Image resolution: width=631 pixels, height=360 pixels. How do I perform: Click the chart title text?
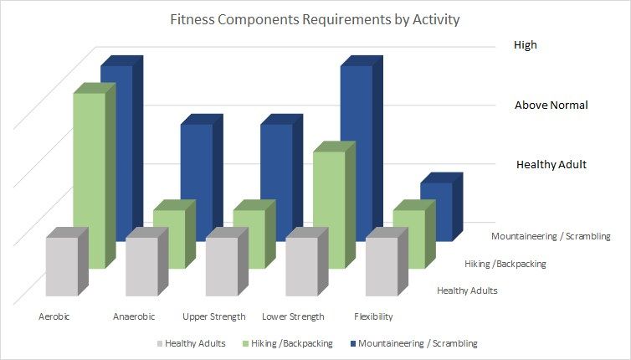(315, 18)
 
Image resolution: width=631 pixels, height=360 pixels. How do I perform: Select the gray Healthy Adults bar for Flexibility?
(382, 266)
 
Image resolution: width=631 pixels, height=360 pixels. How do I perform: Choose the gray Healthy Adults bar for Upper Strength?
(222, 266)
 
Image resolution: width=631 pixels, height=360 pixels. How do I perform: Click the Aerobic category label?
(54, 317)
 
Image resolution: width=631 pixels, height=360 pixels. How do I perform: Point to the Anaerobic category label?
(131, 317)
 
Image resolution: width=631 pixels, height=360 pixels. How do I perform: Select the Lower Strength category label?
(293, 317)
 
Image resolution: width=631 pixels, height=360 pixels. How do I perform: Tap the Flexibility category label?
(372, 317)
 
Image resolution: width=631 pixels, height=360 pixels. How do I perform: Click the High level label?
(526, 46)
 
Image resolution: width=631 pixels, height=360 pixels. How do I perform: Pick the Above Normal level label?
(551, 105)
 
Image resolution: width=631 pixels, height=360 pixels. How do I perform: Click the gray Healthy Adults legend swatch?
(159, 343)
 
